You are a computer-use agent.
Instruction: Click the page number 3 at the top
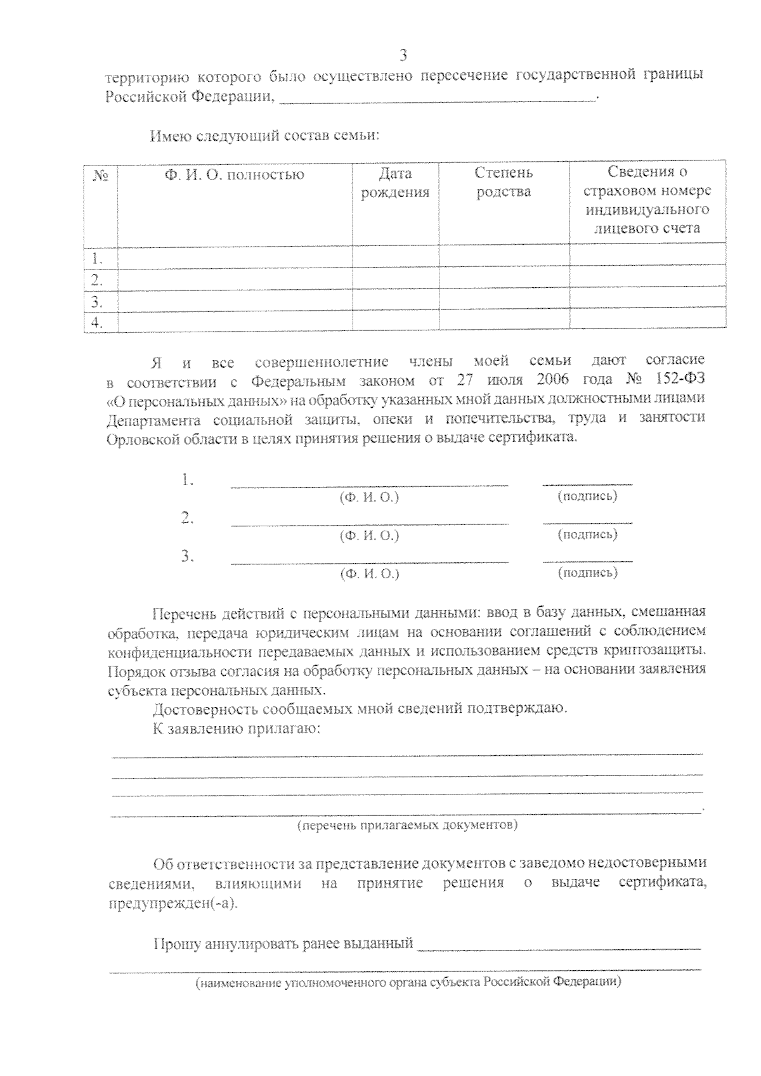(403, 55)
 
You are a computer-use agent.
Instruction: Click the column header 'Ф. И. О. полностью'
(234, 175)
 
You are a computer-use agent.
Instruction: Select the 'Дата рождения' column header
(395, 183)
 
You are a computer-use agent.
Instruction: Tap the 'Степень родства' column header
(504, 182)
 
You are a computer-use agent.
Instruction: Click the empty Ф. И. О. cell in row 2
(234, 280)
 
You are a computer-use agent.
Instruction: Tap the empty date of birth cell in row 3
(395, 301)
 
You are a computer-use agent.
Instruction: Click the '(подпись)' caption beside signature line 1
(587, 496)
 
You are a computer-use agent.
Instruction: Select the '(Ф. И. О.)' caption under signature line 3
(370, 574)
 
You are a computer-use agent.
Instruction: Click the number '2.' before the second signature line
(187, 519)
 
